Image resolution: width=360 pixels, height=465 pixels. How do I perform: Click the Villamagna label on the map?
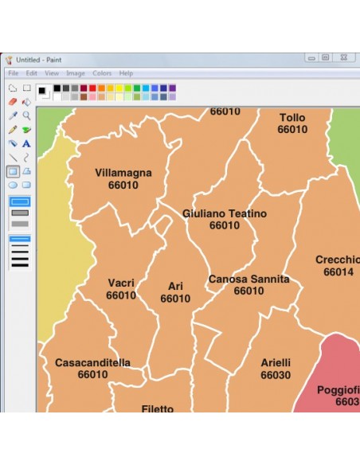click(123, 173)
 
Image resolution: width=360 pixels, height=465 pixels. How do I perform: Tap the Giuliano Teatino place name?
click(225, 214)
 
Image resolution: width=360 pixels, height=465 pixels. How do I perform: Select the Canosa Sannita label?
click(248, 279)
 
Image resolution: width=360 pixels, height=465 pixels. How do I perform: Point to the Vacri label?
click(121, 283)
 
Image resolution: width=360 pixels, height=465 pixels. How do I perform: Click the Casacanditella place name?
click(92, 363)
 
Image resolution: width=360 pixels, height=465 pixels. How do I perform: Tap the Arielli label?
click(276, 363)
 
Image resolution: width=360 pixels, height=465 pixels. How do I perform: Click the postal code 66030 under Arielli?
click(276, 376)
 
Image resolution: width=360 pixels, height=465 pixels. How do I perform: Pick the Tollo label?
click(292, 118)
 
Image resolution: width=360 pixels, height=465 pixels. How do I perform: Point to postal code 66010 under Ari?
click(175, 299)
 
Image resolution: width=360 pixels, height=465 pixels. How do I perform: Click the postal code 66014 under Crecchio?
click(338, 272)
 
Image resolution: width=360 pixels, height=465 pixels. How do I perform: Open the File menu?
click(13, 73)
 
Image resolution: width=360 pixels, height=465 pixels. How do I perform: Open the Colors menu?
click(102, 73)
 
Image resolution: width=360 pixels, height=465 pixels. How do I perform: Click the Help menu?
click(126, 73)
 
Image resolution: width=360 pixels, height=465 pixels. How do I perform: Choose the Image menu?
click(76, 73)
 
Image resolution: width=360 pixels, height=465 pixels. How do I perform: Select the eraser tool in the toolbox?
click(13, 102)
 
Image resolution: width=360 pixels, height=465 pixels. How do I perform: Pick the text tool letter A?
click(26, 143)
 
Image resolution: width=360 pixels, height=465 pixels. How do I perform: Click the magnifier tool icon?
click(26, 115)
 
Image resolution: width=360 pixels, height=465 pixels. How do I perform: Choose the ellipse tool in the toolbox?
click(13, 185)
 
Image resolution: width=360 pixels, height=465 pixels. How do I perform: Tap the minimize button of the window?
click(311, 57)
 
